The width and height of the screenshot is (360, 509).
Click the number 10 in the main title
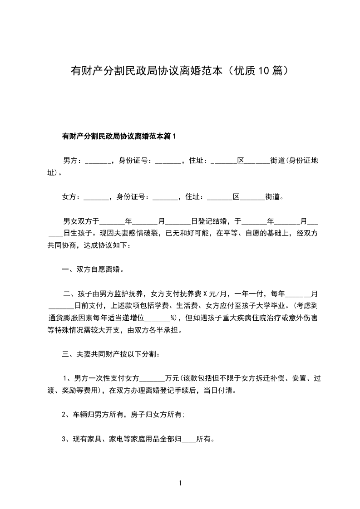coord(264,71)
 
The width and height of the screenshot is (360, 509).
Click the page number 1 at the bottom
coord(180,483)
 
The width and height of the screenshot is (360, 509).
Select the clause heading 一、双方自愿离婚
coord(92,269)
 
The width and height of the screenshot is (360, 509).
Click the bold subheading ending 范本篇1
coord(118,136)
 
